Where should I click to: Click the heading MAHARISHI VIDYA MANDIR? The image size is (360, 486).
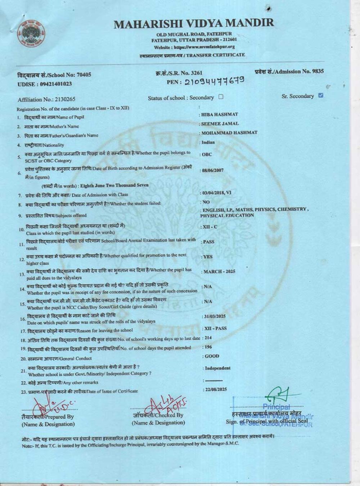pyautogui.click(x=194, y=24)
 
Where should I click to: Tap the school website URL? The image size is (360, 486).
pyautogui.click(x=194, y=47)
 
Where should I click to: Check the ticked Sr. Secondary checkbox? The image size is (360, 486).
pyautogui.click(x=321, y=95)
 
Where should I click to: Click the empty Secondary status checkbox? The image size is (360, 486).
pyautogui.click(x=221, y=97)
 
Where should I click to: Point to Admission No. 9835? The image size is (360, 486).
pyautogui.click(x=289, y=72)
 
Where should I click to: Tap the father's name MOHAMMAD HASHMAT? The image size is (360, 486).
pyautogui.click(x=229, y=132)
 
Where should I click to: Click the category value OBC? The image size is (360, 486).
pyautogui.click(x=207, y=154)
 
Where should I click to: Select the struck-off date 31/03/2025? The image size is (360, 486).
pyautogui.click(x=215, y=316)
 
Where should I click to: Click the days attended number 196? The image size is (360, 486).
pyautogui.click(x=208, y=347)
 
